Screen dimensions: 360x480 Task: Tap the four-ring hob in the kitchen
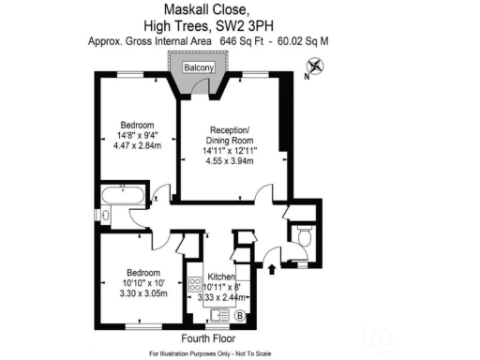[x=196, y=286]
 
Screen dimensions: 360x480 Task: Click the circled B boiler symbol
[x=239, y=315]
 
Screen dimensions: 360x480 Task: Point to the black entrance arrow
[x=273, y=269]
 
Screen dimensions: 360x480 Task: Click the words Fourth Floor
[x=207, y=337]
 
